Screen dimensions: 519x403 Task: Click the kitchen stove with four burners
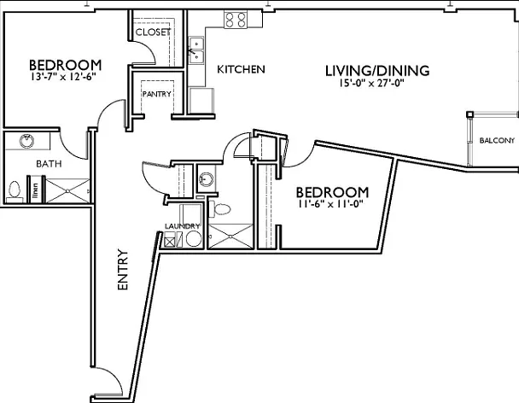[x=236, y=20]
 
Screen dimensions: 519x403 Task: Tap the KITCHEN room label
[x=241, y=69]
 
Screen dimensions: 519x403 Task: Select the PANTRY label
[x=157, y=94]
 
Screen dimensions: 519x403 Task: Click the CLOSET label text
[x=153, y=32]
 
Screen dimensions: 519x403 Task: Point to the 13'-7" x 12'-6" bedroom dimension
[x=63, y=77]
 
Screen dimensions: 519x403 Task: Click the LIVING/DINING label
[x=377, y=71]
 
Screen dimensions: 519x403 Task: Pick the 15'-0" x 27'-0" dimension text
[x=372, y=83]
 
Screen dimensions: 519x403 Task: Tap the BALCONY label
[x=497, y=140]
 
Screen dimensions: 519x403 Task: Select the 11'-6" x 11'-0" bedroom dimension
[x=330, y=204]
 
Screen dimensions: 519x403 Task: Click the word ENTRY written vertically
[x=123, y=270]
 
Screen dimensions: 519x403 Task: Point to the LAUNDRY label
[x=183, y=226]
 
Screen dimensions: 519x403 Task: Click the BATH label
[x=49, y=164]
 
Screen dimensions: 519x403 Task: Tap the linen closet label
[x=35, y=192]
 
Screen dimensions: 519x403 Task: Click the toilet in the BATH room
[x=15, y=191]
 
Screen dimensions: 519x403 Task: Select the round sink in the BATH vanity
[x=26, y=141]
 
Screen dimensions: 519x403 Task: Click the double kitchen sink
[x=196, y=50]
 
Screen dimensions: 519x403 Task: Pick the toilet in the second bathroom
[x=219, y=209]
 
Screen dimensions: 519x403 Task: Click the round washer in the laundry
[x=194, y=239]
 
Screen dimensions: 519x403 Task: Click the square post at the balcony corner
[x=470, y=114]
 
